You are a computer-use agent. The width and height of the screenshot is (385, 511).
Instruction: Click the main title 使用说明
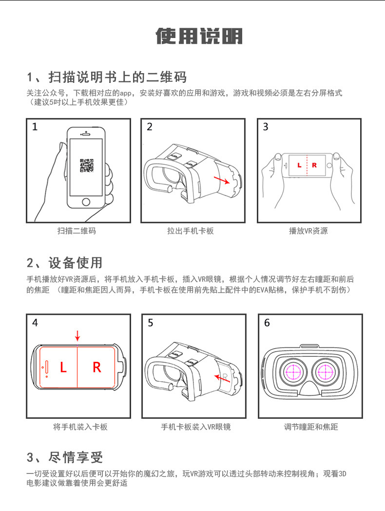point(198,37)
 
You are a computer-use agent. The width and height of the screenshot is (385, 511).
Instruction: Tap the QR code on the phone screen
point(86,166)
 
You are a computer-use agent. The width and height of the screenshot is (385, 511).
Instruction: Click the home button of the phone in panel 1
point(86,202)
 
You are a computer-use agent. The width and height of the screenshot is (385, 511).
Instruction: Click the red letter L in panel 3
point(299,166)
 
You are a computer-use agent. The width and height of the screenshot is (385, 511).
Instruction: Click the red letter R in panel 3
point(314,166)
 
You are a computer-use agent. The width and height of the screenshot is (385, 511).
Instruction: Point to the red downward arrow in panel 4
point(77,336)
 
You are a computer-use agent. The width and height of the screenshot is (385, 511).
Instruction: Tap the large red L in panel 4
point(63,368)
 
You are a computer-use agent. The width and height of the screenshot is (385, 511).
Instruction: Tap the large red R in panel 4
point(96,368)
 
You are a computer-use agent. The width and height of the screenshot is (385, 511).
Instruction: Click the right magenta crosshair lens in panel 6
point(325,372)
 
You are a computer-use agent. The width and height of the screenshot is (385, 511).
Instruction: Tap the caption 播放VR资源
point(308,231)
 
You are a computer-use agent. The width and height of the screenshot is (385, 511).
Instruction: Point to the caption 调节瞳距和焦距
point(311,427)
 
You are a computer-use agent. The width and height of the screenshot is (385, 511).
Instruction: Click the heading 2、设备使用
point(64,263)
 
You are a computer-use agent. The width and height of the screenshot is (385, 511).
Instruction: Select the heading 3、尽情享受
point(64,457)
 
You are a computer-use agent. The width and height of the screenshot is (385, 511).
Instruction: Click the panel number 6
point(267,323)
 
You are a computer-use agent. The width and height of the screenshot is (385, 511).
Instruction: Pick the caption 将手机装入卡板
point(80,427)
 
